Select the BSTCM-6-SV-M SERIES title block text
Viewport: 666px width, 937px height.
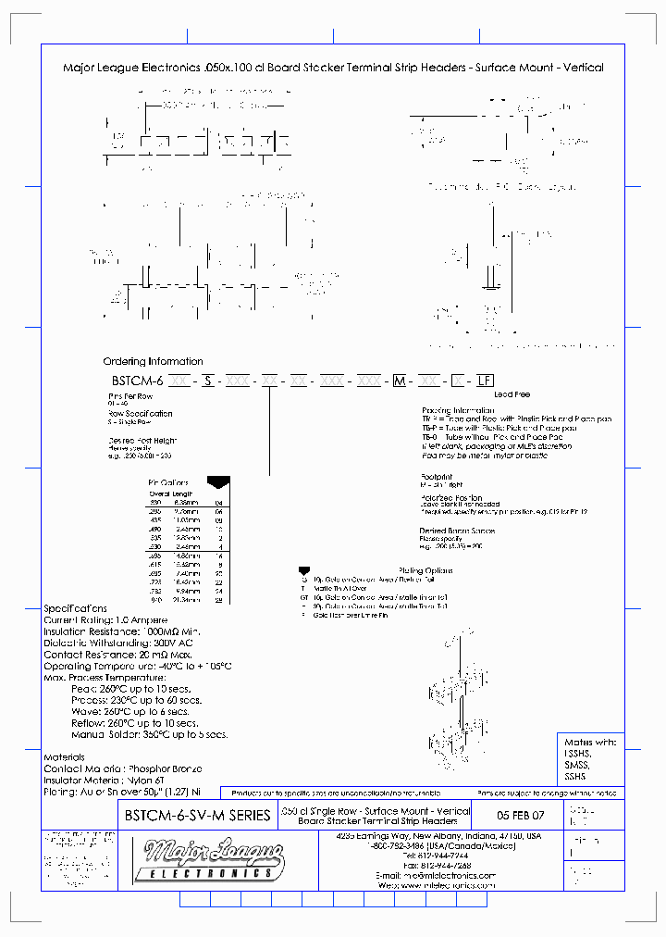click(x=197, y=816)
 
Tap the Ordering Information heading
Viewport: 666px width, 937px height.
click(x=153, y=361)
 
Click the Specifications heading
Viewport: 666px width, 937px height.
click(x=75, y=608)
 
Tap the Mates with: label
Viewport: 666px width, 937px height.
click(x=589, y=742)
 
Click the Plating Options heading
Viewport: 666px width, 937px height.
click(x=425, y=570)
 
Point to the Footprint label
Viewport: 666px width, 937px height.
click(x=438, y=476)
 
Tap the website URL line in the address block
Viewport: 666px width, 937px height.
click(x=438, y=885)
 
